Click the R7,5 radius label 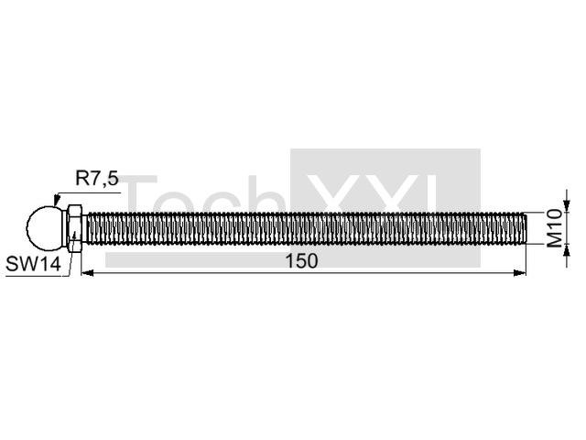(x=97, y=178)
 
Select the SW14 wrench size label (x=33, y=264)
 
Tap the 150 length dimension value (x=301, y=260)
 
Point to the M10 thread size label (x=555, y=228)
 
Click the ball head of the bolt (x=45, y=228)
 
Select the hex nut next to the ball (x=74, y=228)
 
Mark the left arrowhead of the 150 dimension (x=88, y=273)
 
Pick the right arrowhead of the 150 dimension (x=520, y=273)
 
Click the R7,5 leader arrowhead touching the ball (x=57, y=199)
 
